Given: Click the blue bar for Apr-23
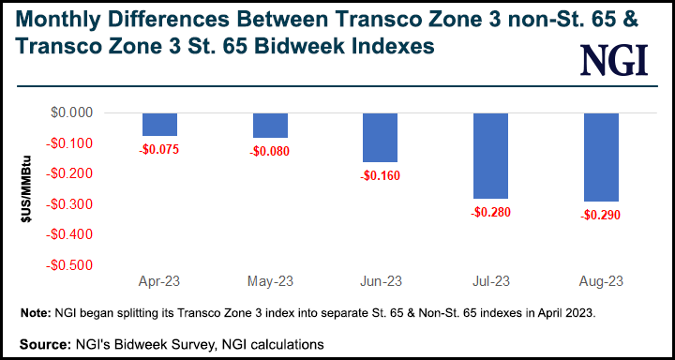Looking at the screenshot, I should click(x=160, y=125).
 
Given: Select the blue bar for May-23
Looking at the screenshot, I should click(x=271, y=126).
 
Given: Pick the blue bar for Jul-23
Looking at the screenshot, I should click(x=490, y=156).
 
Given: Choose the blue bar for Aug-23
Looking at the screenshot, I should click(x=600, y=157).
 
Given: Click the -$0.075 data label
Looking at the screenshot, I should click(x=160, y=148).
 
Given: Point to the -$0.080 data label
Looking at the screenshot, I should click(x=271, y=150).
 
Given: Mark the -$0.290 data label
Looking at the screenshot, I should click(x=600, y=214).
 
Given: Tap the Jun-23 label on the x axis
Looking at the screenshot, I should click(x=381, y=281).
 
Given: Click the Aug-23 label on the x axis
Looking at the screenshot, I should click(x=600, y=281).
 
